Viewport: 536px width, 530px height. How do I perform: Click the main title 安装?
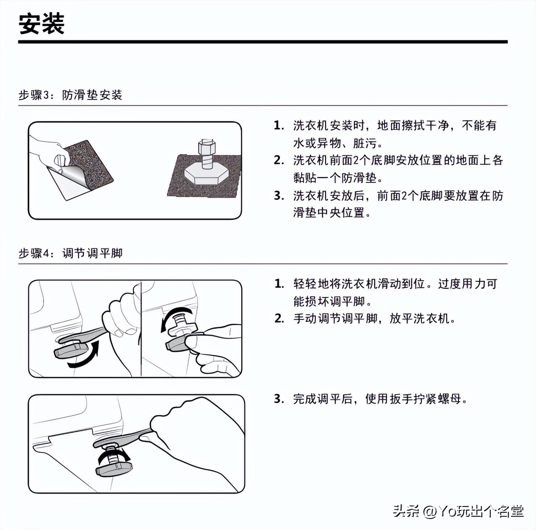(x=41, y=24)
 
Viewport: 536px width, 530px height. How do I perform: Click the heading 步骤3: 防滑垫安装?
(x=70, y=95)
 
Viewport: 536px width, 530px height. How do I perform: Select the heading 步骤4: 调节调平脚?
(x=70, y=254)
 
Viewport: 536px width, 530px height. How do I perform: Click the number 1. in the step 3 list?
(x=279, y=126)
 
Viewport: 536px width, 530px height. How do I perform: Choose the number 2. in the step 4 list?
(x=279, y=318)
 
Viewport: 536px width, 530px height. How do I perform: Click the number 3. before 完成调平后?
(x=279, y=399)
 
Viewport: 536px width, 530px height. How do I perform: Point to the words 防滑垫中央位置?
(x=329, y=213)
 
